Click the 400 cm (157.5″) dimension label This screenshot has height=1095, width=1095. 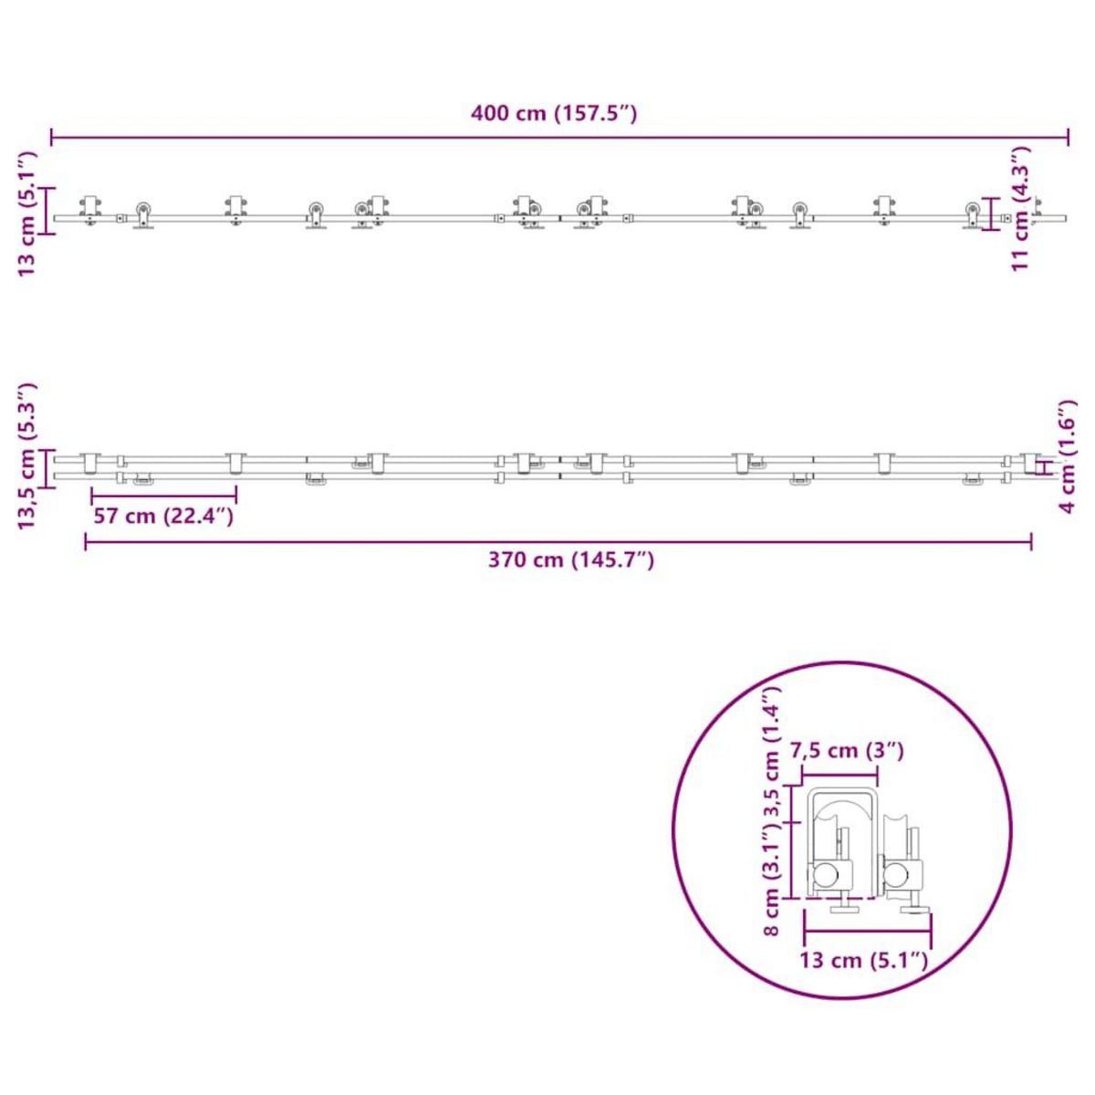[x=553, y=114]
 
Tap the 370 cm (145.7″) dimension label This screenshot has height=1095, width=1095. [x=570, y=560]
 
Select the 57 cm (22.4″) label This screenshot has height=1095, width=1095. [x=164, y=516]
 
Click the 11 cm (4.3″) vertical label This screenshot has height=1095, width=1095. [x=1021, y=208]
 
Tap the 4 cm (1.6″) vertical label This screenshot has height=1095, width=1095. [x=1069, y=456]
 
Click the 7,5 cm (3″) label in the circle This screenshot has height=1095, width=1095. [x=847, y=751]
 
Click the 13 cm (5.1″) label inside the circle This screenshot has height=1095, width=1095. [x=863, y=960]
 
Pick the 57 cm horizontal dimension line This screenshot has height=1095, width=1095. [x=164, y=496]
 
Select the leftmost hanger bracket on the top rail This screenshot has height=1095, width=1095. [x=89, y=209]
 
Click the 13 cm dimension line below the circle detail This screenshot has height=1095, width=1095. [x=867, y=931]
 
